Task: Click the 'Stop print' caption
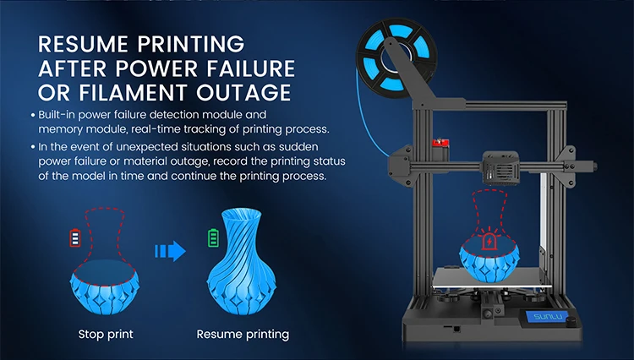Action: pyautogui.click(x=106, y=334)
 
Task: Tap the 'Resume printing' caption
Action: pyautogui.click(x=243, y=334)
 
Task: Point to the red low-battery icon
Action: pyautogui.click(x=75, y=237)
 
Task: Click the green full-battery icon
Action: pyautogui.click(x=213, y=237)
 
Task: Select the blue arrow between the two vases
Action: pyautogui.click(x=170, y=250)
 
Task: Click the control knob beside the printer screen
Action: pyautogui.click(x=570, y=323)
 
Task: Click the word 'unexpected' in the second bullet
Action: pyautogui.click(x=141, y=146)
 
